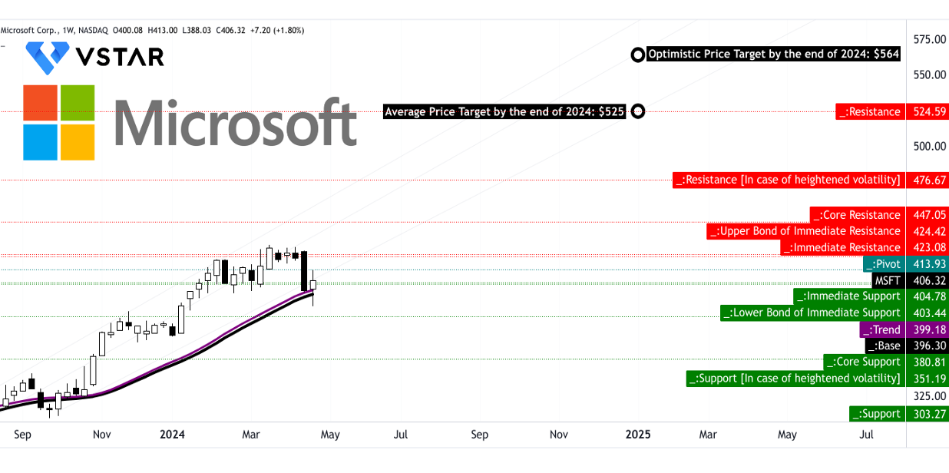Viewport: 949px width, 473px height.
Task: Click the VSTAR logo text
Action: click(119, 57)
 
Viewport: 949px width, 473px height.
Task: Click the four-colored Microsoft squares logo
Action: click(59, 123)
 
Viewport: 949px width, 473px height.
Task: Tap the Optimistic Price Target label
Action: click(773, 55)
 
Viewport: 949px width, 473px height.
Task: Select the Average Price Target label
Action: click(504, 112)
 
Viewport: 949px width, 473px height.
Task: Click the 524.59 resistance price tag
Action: click(927, 112)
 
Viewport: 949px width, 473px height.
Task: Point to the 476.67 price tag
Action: click(927, 180)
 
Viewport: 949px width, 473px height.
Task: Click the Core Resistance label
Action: click(857, 215)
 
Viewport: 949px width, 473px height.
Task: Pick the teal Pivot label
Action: click(885, 264)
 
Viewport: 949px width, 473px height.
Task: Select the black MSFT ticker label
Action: click(887, 280)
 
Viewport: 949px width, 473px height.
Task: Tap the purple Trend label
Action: click(881, 330)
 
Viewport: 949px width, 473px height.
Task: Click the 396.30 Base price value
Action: click(927, 346)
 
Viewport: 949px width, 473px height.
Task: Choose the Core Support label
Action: click(864, 362)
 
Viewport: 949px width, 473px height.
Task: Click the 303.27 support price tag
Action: click(927, 414)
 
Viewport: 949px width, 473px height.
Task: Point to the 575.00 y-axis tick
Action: click(929, 39)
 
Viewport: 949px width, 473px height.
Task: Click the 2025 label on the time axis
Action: click(637, 435)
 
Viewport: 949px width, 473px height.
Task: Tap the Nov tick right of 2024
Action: click(559, 435)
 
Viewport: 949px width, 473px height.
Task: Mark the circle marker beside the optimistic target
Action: click(637, 55)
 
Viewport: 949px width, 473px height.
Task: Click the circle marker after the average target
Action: click(637, 112)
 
